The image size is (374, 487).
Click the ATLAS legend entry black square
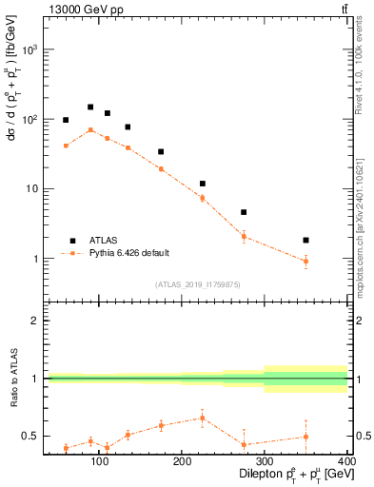coord(71,241)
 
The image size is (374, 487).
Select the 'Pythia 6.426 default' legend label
coord(128,253)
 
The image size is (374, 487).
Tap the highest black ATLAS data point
coord(90,107)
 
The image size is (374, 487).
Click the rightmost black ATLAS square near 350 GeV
coord(332,241)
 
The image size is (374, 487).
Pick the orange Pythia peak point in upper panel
coord(90,130)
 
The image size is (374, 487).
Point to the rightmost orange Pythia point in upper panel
coord(332,261)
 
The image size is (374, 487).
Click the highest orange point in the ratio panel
coord(202,418)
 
